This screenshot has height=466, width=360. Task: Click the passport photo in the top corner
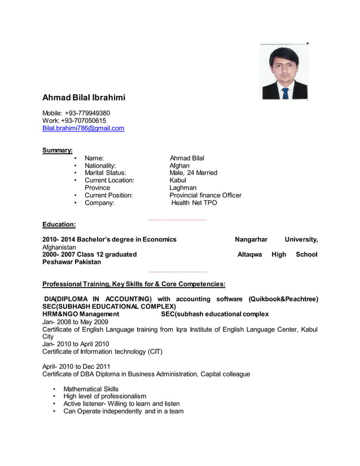(284, 72)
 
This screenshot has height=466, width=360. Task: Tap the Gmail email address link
(84, 129)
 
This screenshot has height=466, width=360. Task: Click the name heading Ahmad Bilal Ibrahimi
(84, 98)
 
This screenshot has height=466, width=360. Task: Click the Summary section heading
(58, 150)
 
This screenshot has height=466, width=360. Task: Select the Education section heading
(59, 224)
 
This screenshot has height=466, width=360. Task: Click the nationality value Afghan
(180, 166)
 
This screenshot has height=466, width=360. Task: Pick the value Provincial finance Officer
(205, 195)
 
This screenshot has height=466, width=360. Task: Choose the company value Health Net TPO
(194, 203)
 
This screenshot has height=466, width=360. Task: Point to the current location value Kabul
(178, 181)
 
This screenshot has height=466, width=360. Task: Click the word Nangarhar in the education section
(251, 239)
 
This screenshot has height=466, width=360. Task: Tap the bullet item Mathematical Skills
(91, 389)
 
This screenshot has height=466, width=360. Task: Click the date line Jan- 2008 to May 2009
(75, 322)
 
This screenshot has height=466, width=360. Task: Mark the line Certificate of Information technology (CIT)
(103, 351)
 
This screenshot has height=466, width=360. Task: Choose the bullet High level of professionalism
(105, 396)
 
